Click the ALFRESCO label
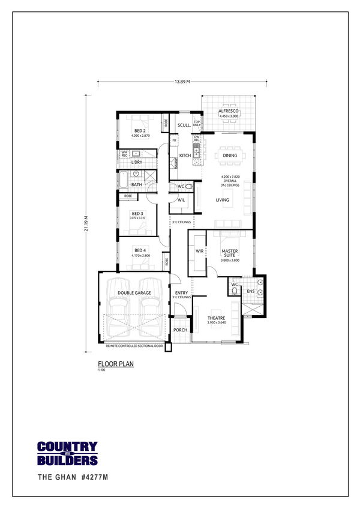[x=229, y=112]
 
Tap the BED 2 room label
[x=139, y=131]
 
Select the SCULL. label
[x=184, y=125]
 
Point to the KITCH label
[x=185, y=155]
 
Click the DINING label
[x=230, y=155]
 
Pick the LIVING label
[x=223, y=200]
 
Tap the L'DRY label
[x=136, y=162]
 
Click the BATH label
[x=136, y=184]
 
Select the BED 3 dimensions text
[x=137, y=218]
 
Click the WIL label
[x=181, y=200]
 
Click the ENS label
[x=250, y=292]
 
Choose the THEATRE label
[x=216, y=318]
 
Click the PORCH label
[x=180, y=330]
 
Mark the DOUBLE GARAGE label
[x=134, y=293]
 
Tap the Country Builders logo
[x=67, y=454]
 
